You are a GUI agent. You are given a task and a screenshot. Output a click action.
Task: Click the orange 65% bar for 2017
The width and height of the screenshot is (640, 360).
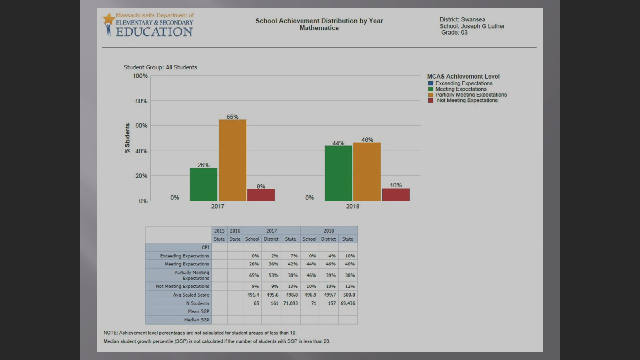[232, 160]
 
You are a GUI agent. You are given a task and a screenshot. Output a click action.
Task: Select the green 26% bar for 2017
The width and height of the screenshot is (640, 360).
[203, 185]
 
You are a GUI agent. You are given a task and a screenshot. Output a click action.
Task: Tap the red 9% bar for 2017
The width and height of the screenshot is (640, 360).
[261, 195]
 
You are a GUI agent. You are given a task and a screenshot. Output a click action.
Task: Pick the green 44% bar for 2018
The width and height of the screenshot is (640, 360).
[338, 173]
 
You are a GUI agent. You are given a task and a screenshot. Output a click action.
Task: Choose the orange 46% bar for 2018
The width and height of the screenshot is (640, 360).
[367, 172]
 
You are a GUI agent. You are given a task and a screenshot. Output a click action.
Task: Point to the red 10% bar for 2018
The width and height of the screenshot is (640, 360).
[396, 195]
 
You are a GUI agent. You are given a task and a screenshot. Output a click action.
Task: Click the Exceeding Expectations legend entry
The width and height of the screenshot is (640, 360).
[463, 83]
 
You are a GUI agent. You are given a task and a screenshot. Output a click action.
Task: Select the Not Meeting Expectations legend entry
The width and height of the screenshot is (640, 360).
[467, 100]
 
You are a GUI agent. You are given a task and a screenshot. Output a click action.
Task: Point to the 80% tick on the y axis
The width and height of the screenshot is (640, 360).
[141, 101]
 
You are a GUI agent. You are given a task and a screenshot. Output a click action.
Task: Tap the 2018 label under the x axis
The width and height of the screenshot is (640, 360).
[353, 206]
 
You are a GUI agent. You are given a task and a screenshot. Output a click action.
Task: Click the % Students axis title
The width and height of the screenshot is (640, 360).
[127, 138]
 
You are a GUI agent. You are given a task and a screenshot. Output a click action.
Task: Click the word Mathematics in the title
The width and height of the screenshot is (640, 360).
[319, 28]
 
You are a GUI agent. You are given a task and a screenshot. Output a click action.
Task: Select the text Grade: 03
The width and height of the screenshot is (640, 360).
[454, 32]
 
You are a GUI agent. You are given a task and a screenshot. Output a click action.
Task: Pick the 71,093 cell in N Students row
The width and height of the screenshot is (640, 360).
[290, 303]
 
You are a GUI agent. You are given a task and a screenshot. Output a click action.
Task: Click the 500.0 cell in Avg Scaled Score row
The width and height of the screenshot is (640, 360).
[349, 295]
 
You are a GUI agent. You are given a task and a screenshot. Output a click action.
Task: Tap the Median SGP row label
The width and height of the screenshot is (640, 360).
[197, 320]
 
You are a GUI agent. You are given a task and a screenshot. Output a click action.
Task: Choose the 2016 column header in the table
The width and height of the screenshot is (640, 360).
[235, 231]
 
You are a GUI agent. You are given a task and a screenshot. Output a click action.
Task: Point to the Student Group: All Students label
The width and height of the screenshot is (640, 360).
[160, 67]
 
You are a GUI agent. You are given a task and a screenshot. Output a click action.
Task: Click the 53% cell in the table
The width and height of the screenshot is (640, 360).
[273, 275]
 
